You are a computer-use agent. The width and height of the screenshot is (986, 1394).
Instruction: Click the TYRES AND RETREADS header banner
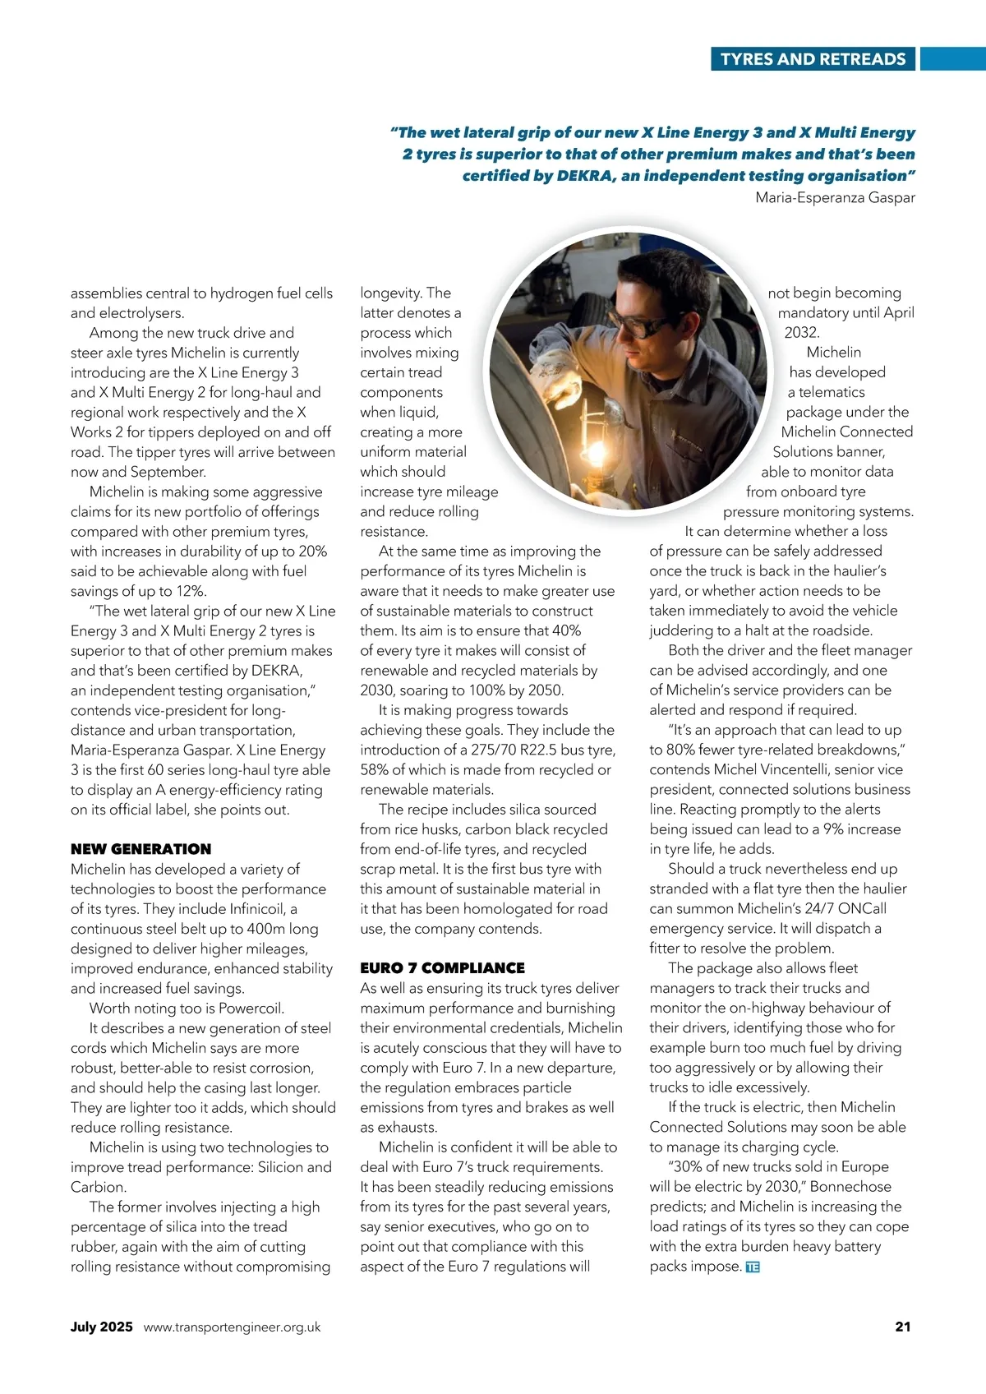(813, 59)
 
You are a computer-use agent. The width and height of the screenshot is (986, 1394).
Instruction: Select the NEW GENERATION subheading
(141, 849)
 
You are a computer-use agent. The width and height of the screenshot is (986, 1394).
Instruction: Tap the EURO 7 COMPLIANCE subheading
(442, 968)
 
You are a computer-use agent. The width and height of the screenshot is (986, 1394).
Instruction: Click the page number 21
(902, 1327)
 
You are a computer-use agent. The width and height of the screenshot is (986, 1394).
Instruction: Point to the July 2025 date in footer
(101, 1327)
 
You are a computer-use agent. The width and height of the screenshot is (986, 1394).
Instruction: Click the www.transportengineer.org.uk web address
(232, 1327)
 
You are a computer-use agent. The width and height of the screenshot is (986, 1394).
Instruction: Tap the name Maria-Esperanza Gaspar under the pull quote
(835, 197)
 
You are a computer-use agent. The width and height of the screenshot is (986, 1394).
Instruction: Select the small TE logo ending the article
(753, 1267)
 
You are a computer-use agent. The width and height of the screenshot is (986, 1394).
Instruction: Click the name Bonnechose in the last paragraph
(852, 1187)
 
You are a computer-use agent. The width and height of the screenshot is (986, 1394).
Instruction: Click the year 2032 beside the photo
(801, 333)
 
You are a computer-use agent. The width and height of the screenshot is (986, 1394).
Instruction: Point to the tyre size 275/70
(479, 750)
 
